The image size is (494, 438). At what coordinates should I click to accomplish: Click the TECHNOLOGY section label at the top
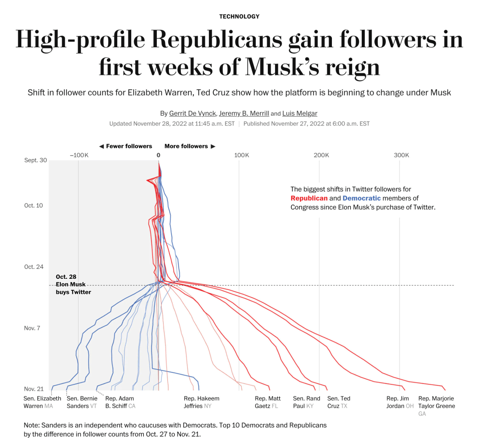tap(239, 16)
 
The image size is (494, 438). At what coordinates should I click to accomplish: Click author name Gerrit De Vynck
tap(192, 113)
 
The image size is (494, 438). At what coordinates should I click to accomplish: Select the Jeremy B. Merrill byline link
tap(244, 113)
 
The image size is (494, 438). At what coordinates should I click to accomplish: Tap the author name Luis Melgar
tap(300, 113)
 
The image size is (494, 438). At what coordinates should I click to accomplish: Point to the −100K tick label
tap(79, 155)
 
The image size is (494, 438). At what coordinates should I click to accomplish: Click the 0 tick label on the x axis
tap(158, 155)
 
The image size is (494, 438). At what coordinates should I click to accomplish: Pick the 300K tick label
tap(401, 155)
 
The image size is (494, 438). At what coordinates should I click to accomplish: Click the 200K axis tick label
tap(321, 155)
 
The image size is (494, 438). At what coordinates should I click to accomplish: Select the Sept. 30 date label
tap(36, 160)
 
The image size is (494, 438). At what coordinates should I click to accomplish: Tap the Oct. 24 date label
tap(34, 267)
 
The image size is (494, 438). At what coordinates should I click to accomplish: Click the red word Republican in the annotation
tap(309, 198)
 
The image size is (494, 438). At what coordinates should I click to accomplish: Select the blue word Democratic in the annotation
tap(361, 198)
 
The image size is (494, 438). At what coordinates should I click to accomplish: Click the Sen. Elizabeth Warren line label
tap(42, 402)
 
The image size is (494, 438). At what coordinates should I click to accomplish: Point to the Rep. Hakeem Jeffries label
tap(201, 402)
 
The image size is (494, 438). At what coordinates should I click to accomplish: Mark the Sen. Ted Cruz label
tap(339, 402)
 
